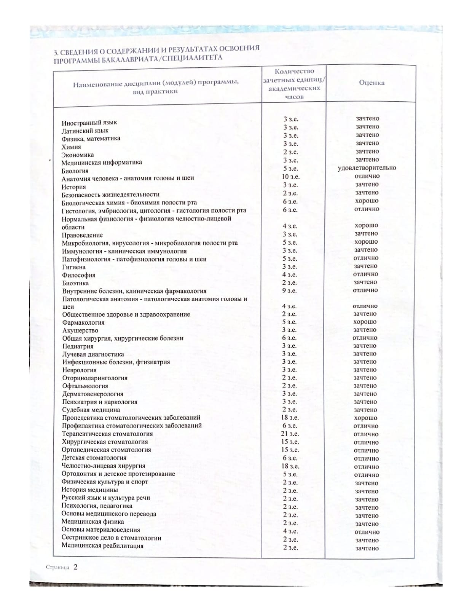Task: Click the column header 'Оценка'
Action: click(x=372, y=83)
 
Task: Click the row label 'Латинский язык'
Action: click(x=85, y=131)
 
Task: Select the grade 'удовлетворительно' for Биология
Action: click(x=367, y=168)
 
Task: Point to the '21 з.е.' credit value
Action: click(x=290, y=434)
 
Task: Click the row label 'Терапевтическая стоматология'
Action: click(x=107, y=434)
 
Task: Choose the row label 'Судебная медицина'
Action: click(x=91, y=410)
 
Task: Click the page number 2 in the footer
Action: click(x=75, y=567)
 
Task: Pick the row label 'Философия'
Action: click(x=79, y=275)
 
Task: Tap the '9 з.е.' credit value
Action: click(x=290, y=290)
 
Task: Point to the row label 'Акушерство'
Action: click(x=80, y=330)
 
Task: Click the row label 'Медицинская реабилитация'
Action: click(x=102, y=546)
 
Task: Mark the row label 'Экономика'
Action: click(x=78, y=155)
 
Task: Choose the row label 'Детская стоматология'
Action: click(x=94, y=458)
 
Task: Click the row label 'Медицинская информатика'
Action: click(x=102, y=162)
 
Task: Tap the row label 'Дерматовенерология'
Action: click(x=92, y=394)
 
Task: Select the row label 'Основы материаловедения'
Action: click(x=101, y=530)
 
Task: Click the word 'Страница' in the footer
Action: click(x=57, y=568)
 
